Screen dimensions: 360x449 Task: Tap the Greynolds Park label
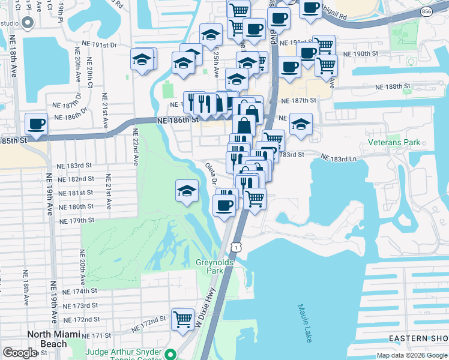point(209,266)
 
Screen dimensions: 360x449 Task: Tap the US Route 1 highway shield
point(237,247)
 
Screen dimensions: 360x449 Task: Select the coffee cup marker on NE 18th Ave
point(37,124)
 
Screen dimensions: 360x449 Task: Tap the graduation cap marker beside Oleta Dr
point(187,191)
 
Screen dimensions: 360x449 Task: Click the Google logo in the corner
point(20,353)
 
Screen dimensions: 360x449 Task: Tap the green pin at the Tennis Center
point(171,354)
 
